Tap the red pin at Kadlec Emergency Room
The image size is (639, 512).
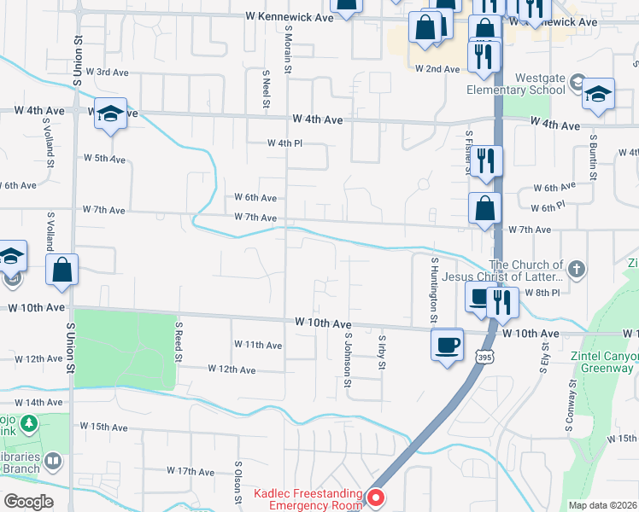[x=375, y=497]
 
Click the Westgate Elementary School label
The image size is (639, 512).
[x=516, y=84]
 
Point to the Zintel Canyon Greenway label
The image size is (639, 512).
[x=602, y=362]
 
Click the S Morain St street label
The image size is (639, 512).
[x=288, y=52]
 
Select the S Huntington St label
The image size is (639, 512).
[x=435, y=290]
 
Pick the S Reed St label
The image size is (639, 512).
[x=179, y=342]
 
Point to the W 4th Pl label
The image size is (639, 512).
[x=285, y=143]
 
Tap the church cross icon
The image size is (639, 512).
[x=577, y=271]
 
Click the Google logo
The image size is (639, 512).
[x=28, y=501]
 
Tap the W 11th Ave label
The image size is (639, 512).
[x=258, y=345]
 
